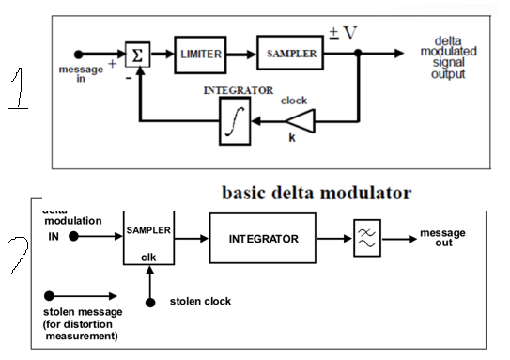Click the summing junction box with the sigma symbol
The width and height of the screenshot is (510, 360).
(139, 54)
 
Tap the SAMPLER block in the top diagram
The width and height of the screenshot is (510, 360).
(288, 55)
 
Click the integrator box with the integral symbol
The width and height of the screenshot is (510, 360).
(236, 121)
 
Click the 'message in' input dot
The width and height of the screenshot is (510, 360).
(79, 54)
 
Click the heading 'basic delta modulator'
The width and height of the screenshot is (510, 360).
(316, 194)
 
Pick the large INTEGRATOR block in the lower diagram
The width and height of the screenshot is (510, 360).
(263, 239)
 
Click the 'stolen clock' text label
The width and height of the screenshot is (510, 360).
(199, 302)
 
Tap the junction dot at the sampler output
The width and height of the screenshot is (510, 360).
(359, 55)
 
